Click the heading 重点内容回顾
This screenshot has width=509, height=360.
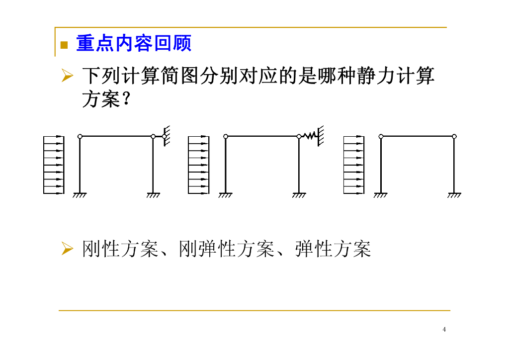(133, 44)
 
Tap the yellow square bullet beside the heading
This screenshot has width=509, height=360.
(64, 45)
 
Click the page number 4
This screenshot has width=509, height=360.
(444, 329)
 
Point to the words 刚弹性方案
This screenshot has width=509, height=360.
(227, 249)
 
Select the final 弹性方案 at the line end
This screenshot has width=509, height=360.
(333, 249)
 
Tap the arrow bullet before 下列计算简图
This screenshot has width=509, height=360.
(67, 76)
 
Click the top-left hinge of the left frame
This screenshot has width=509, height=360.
(80, 136)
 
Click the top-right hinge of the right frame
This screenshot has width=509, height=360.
(454, 136)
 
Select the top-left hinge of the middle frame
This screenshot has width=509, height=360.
(226, 136)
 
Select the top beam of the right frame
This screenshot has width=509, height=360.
(418, 136)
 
